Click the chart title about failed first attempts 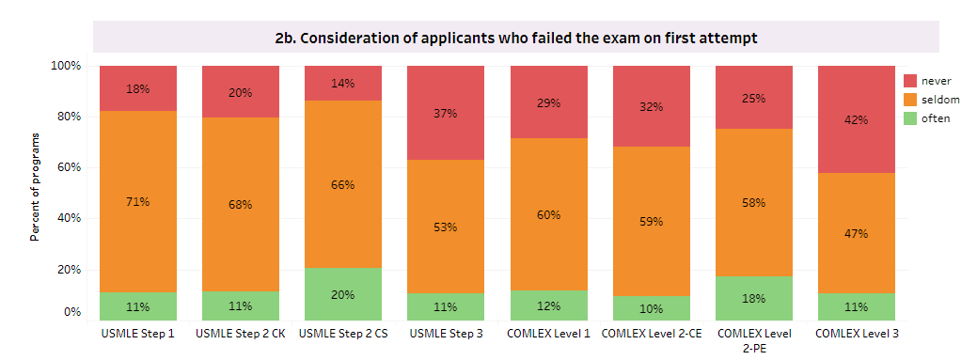point(515,38)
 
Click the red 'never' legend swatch point(910,81)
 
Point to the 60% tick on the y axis point(70,167)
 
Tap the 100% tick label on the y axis point(67,66)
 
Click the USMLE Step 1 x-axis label point(138,334)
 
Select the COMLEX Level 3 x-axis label point(856,334)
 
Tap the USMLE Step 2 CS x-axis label point(343,334)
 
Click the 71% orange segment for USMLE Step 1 point(138,201)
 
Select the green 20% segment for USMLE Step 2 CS point(343,294)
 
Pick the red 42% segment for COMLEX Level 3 point(856,119)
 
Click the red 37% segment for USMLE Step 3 point(446,113)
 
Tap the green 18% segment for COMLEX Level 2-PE point(753,298)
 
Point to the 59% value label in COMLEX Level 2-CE point(651,222)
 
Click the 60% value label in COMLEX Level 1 point(548,214)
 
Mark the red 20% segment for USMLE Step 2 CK point(241,92)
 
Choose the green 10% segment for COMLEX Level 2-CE point(651,307)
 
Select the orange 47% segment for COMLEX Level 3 point(856,233)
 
